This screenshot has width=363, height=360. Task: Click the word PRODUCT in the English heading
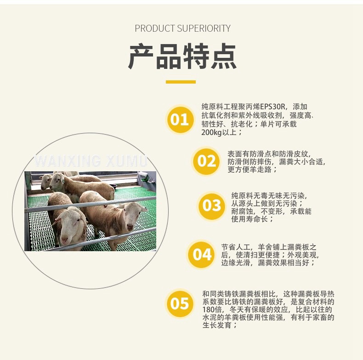pyautogui.click(x=155, y=28)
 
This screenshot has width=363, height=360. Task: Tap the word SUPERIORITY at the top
pyautogui.click(x=204, y=28)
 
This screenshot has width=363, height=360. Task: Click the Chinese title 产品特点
pyautogui.click(x=182, y=56)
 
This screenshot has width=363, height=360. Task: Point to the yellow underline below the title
pyautogui.click(x=181, y=82)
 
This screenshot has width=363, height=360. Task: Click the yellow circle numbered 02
pyautogui.click(x=207, y=161)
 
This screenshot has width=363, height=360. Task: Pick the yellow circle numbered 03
pyautogui.click(x=212, y=206)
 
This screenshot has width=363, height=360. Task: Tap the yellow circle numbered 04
pyautogui.click(x=202, y=254)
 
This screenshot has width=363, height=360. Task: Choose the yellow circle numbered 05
pyautogui.click(x=180, y=304)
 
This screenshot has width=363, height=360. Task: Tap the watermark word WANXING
pyautogui.click(x=68, y=161)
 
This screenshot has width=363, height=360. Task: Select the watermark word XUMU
pyautogui.click(x=127, y=161)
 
